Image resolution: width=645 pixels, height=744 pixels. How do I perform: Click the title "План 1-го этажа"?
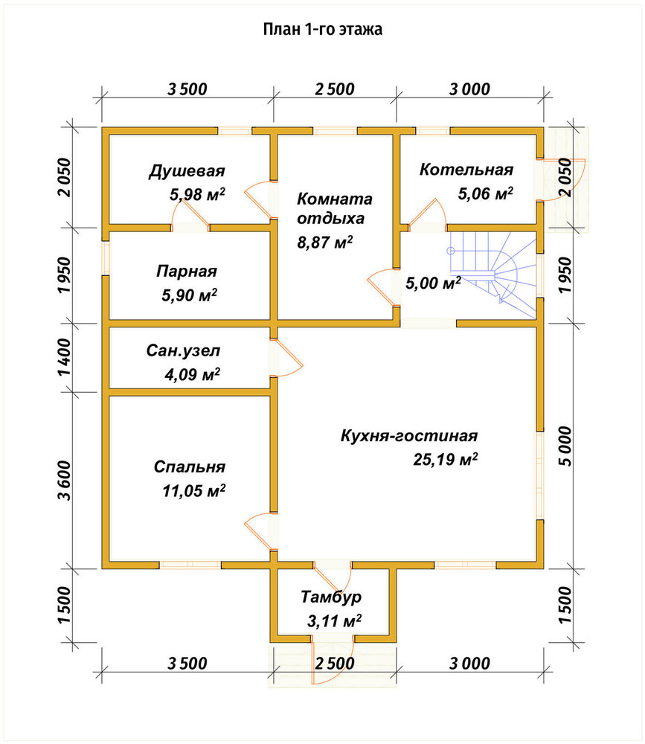323,30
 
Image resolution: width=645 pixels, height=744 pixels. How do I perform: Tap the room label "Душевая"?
187,171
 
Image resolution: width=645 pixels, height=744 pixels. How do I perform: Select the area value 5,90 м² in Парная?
190,295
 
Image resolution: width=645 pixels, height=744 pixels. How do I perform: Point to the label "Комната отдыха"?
335,208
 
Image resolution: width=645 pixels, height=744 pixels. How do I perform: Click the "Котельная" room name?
466,170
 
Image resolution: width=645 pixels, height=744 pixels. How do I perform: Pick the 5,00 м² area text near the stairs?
433,283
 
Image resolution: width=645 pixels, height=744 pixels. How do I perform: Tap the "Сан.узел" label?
183,350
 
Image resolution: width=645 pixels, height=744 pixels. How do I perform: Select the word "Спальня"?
190,467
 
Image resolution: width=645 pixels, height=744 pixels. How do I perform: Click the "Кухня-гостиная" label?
409,435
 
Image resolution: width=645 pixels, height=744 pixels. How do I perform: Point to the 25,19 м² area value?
445,459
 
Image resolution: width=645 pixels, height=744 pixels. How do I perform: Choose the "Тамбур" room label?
331,597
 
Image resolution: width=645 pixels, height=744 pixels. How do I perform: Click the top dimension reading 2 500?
335,89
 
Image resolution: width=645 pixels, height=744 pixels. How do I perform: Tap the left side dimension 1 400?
65,357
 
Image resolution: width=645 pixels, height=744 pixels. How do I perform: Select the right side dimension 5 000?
565,446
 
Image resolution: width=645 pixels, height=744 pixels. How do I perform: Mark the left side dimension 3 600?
65,480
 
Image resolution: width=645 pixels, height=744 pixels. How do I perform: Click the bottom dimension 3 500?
187,664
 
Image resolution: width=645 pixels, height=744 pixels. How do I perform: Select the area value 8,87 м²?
325,243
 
